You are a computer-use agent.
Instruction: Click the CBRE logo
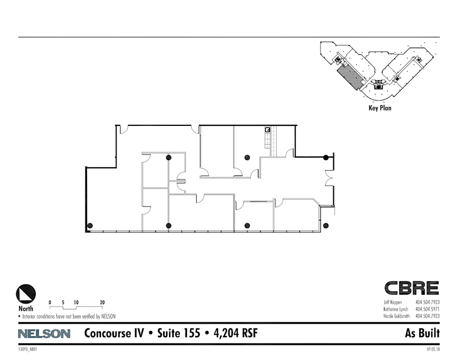(x=411, y=288)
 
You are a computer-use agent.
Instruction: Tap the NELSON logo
(x=44, y=334)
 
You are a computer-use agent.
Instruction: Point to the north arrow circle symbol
(x=26, y=294)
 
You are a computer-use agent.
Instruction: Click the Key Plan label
(x=380, y=108)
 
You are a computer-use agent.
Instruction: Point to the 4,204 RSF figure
(x=234, y=334)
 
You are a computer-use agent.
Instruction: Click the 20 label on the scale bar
(x=102, y=302)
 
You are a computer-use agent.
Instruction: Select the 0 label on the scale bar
(x=50, y=302)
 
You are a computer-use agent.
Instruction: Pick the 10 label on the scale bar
(x=76, y=302)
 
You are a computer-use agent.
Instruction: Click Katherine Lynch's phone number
(x=427, y=309)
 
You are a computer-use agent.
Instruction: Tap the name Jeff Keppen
(x=393, y=302)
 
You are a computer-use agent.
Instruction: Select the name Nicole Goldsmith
(x=397, y=315)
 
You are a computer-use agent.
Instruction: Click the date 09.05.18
(x=433, y=350)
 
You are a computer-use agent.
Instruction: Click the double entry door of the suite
(x=329, y=178)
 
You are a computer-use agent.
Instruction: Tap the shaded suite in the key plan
(x=350, y=78)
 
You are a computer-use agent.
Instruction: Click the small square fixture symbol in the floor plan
(x=268, y=129)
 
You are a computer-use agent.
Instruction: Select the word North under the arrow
(x=26, y=309)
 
